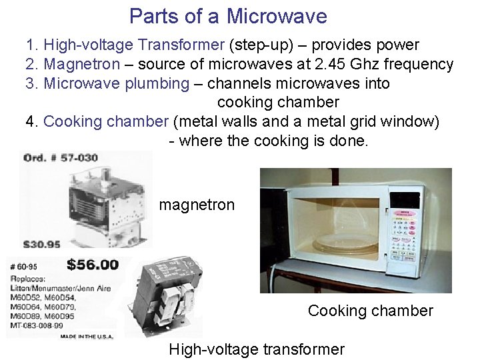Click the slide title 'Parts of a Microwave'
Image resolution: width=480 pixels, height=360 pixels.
coord(228,16)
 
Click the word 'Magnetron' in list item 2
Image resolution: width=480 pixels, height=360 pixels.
coord(82,65)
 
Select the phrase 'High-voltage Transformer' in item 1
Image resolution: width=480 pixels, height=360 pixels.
coord(133,45)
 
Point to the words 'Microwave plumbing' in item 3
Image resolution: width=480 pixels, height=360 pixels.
coord(116,84)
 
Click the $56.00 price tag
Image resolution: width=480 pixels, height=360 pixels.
coord(93,265)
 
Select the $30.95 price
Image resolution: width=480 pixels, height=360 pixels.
coord(43,244)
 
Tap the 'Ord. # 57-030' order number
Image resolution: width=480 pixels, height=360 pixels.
coord(60,158)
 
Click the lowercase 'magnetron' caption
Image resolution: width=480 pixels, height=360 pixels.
coord(197,205)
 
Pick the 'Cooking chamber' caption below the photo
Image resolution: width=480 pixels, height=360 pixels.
coord(370,311)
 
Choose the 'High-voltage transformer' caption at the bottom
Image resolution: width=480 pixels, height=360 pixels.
coord(257,349)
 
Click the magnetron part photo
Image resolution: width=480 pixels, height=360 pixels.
coord(107,200)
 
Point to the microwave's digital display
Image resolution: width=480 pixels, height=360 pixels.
coord(405,201)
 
